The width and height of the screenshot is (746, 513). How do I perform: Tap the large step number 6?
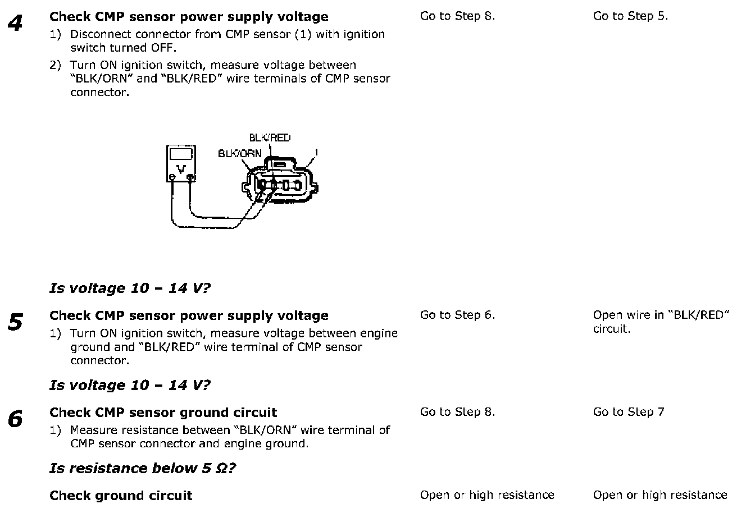tap(15, 419)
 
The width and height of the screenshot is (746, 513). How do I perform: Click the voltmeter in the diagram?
tap(181, 164)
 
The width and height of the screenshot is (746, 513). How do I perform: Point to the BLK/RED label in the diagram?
tap(270, 138)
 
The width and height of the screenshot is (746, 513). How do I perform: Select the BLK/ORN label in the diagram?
tap(239, 153)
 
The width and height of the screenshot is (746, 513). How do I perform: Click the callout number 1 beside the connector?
tap(317, 152)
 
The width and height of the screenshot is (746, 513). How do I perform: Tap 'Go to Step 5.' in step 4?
tap(630, 16)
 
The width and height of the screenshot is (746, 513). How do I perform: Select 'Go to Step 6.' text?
tap(457, 315)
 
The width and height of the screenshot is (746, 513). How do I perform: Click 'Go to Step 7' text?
tap(628, 413)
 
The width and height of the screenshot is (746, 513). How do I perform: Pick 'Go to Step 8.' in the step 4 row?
tap(457, 16)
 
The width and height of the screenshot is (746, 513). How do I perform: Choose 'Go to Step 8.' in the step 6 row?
tap(457, 413)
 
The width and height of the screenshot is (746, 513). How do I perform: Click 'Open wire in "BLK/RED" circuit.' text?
tap(661, 322)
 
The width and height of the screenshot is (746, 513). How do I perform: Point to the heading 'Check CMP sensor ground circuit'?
tap(163, 413)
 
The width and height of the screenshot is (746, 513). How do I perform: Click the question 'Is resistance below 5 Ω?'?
tap(142, 468)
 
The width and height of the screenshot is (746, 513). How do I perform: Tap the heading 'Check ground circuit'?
tap(121, 496)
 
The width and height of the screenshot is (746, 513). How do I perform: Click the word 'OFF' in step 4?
tap(163, 48)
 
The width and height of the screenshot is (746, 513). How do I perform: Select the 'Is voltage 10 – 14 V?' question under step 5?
tap(130, 385)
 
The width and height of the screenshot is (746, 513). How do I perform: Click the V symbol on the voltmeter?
tap(181, 168)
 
